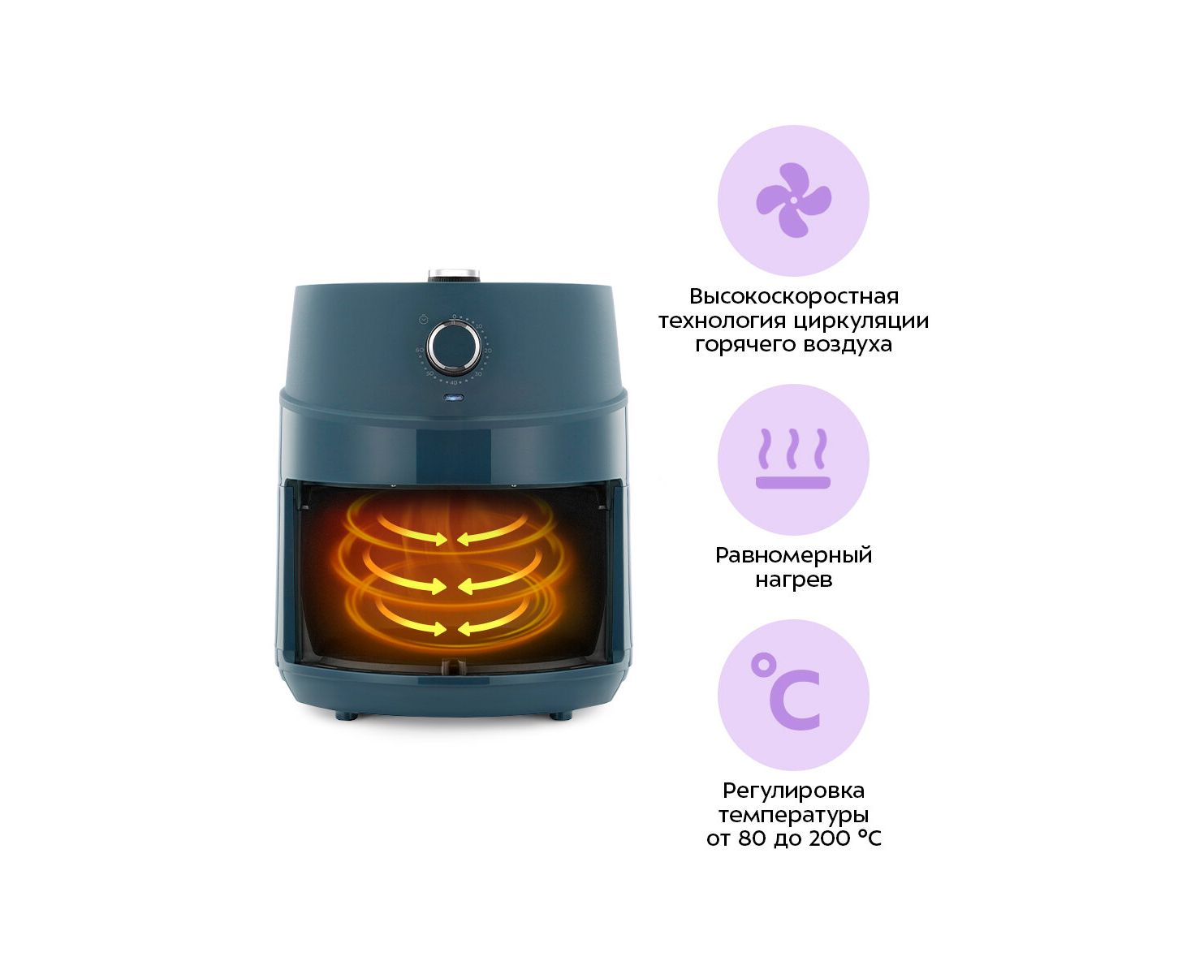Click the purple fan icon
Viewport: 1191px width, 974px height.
pos(793,200)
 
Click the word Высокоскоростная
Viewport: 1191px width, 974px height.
pos(793,296)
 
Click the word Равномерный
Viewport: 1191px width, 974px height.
pos(793,556)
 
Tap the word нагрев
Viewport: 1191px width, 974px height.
pos(793,580)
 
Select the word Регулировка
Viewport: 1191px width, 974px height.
pos(793,791)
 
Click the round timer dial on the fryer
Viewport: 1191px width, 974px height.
pos(454,347)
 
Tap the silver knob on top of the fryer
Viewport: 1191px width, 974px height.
pos(454,275)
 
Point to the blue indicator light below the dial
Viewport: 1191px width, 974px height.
pos(453,398)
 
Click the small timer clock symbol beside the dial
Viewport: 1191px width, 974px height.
pos(424,320)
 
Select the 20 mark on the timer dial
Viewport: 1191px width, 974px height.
pos(488,351)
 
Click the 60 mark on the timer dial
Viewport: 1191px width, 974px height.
pos(419,350)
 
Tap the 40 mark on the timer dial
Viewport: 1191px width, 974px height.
pos(453,383)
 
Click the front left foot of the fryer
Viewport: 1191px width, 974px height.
pos(346,716)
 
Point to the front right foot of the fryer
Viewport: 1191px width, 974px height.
pos(560,716)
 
